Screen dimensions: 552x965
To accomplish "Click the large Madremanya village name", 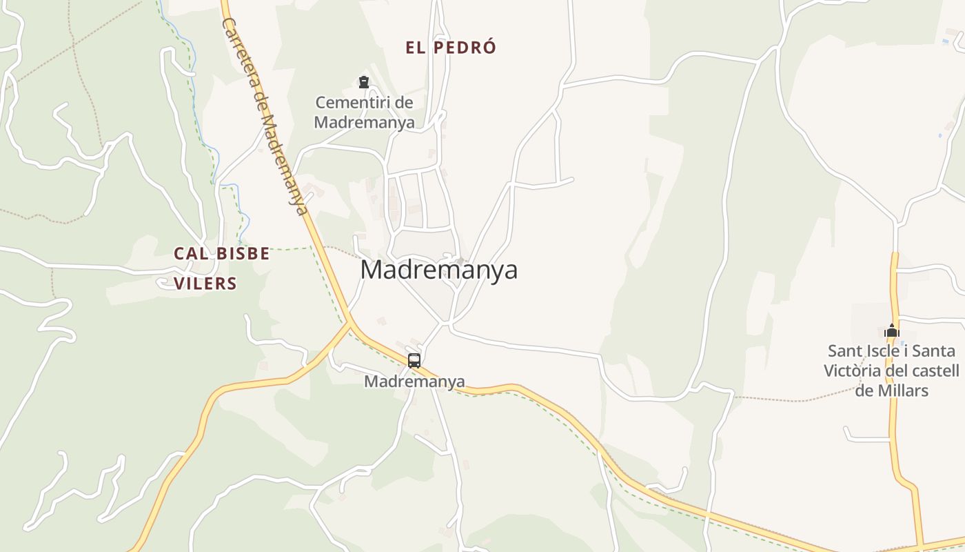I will pyautogui.click(x=438, y=270).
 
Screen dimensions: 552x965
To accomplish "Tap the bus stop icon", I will pyautogui.click(x=414, y=360).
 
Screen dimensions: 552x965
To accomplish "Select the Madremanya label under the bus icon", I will pyautogui.click(x=414, y=382).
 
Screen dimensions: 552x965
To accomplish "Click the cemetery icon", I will pyautogui.click(x=364, y=83).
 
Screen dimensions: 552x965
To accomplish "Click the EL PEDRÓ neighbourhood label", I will pyautogui.click(x=451, y=48).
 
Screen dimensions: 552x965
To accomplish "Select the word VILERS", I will pyautogui.click(x=205, y=284).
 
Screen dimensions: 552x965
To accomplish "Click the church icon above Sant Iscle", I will pyautogui.click(x=892, y=331).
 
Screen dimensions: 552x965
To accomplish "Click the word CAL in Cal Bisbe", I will pyautogui.click(x=191, y=253).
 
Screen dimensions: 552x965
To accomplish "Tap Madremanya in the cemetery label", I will pyautogui.click(x=365, y=123).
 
